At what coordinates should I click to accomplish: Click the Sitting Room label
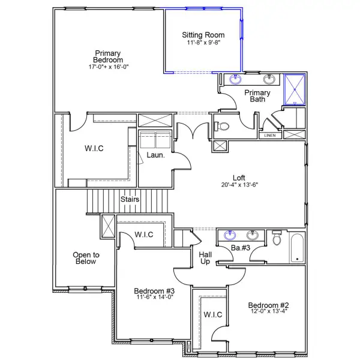point(204,35)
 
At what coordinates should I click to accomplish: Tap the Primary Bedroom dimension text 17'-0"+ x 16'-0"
point(109,67)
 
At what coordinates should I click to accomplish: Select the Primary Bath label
point(257,96)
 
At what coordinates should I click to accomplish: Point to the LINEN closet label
point(270,136)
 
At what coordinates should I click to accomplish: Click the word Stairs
point(130,199)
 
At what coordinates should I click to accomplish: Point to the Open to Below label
point(86,258)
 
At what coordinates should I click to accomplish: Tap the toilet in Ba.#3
point(277,239)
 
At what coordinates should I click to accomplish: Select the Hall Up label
point(205,258)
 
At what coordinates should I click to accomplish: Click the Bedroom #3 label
point(153,292)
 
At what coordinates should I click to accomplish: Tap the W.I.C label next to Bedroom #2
point(213,314)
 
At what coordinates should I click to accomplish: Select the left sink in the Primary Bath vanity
point(235,79)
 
